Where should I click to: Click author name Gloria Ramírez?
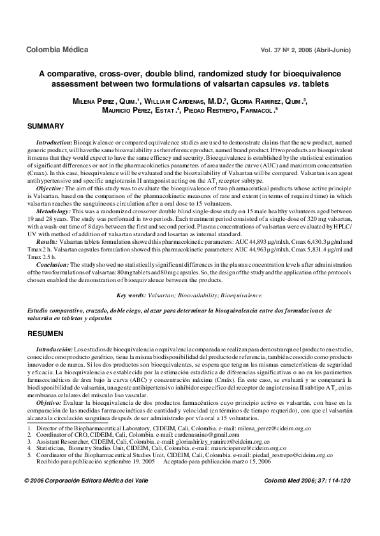258,101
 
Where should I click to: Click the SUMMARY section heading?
45,126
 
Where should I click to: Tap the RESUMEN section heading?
44,334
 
